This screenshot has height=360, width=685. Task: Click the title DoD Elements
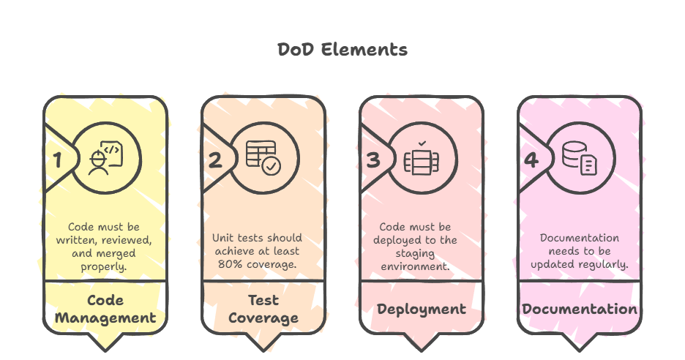[x=342, y=49]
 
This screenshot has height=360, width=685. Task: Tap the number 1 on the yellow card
[x=57, y=160]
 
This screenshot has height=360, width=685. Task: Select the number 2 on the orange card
[x=215, y=160]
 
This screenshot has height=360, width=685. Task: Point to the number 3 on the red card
[x=373, y=160]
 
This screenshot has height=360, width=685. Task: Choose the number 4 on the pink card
[x=531, y=160]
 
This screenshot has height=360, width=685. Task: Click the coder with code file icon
[x=105, y=158]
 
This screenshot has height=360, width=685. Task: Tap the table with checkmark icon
[x=263, y=158]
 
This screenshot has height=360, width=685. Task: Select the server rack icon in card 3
[x=422, y=158]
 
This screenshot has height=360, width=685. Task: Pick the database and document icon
[x=580, y=158]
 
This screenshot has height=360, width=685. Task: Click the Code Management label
[x=105, y=310]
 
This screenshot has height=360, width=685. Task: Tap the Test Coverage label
[x=263, y=310]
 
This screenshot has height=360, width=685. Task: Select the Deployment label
[x=422, y=310]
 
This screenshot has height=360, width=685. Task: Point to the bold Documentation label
[x=580, y=310]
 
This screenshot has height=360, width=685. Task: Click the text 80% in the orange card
[x=227, y=264]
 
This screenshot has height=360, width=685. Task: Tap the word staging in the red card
[x=415, y=254]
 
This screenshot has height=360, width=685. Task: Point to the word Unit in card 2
[x=221, y=238]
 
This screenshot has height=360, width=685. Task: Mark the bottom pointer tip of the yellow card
[x=105, y=350]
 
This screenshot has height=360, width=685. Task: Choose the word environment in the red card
[x=415, y=266]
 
